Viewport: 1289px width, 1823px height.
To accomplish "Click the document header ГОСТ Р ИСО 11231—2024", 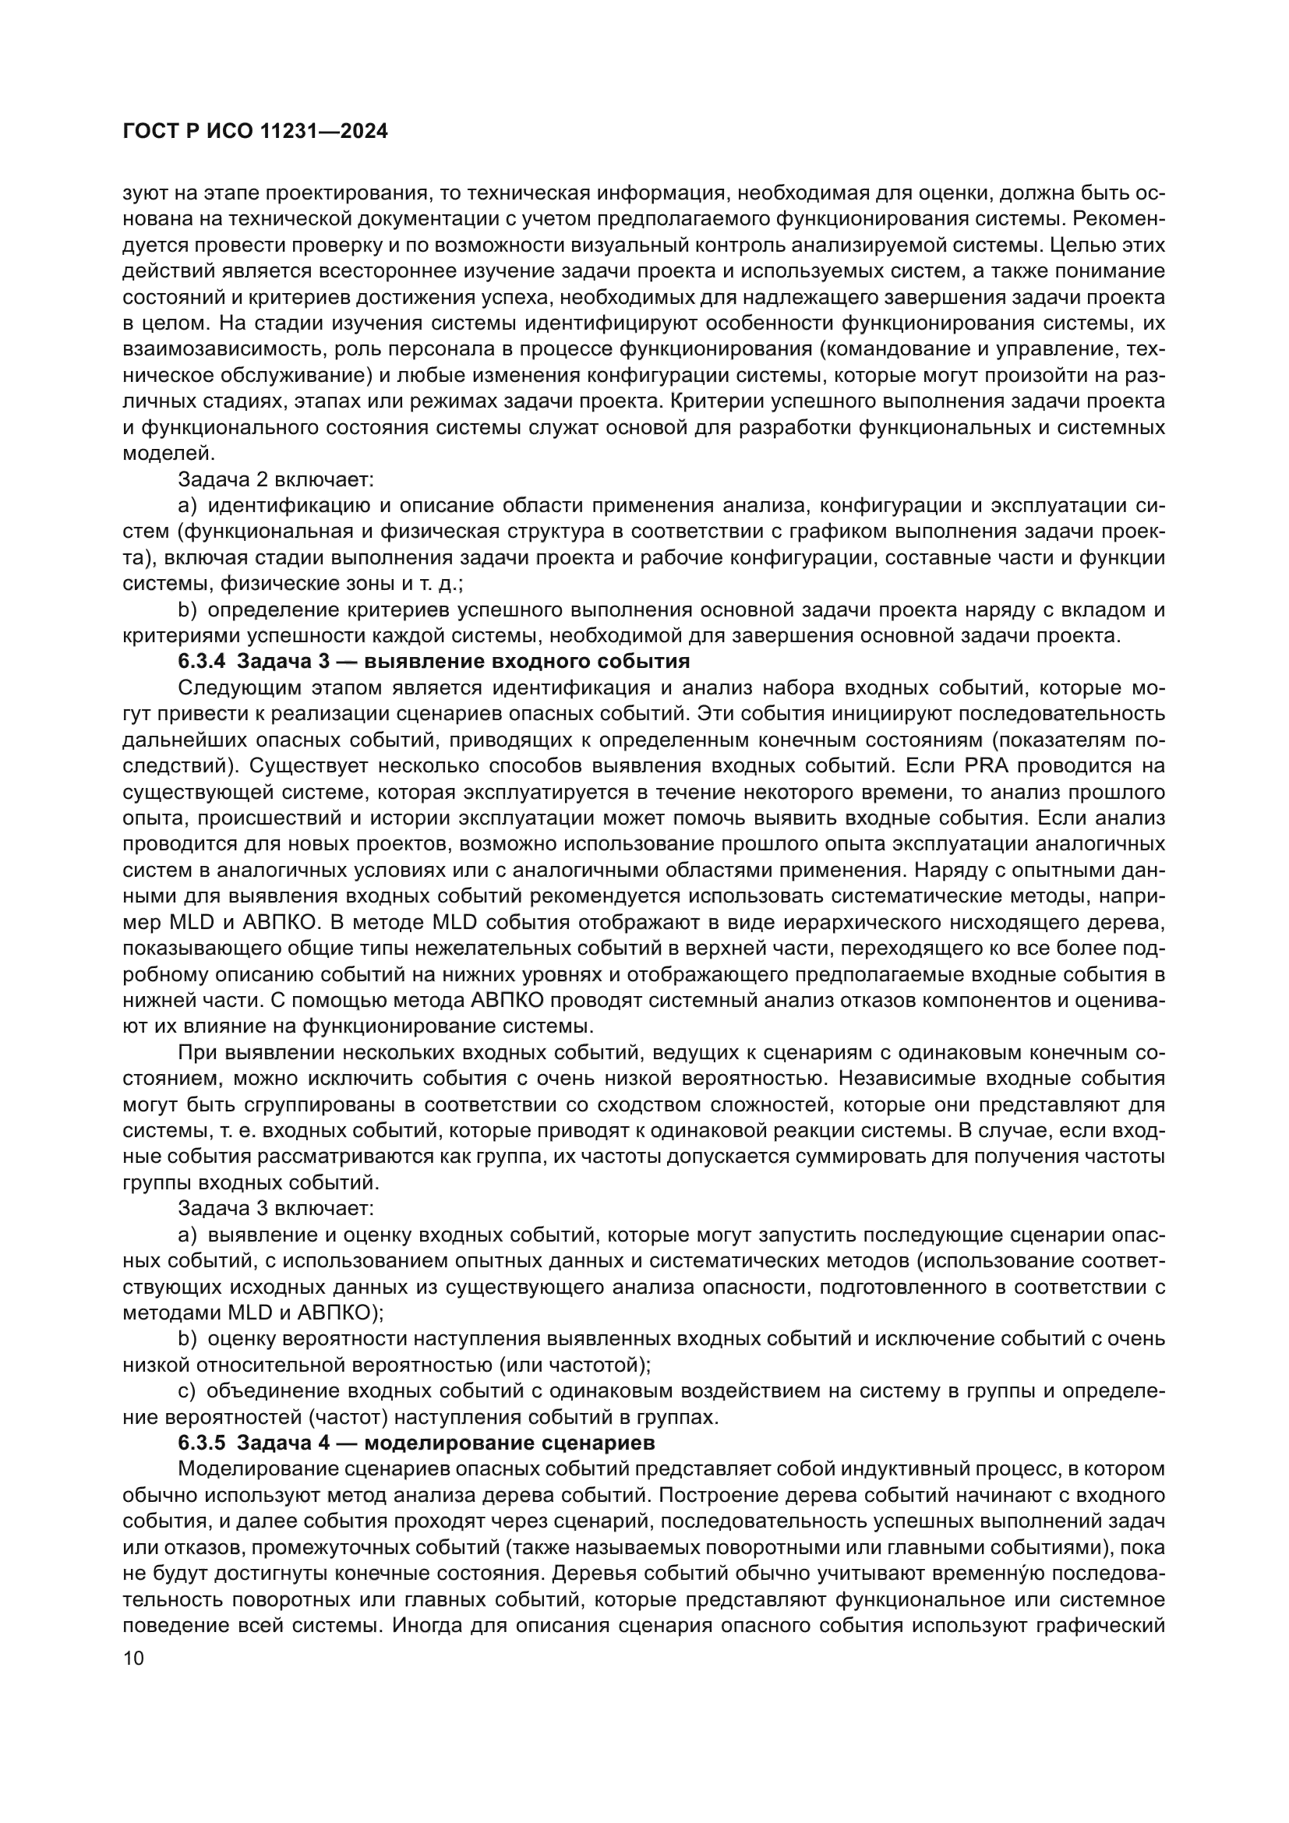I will point(256,132).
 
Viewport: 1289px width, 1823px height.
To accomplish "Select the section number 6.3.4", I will point(203,661).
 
